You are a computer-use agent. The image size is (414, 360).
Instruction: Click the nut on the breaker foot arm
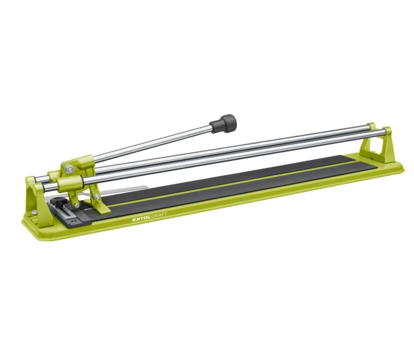97,197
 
